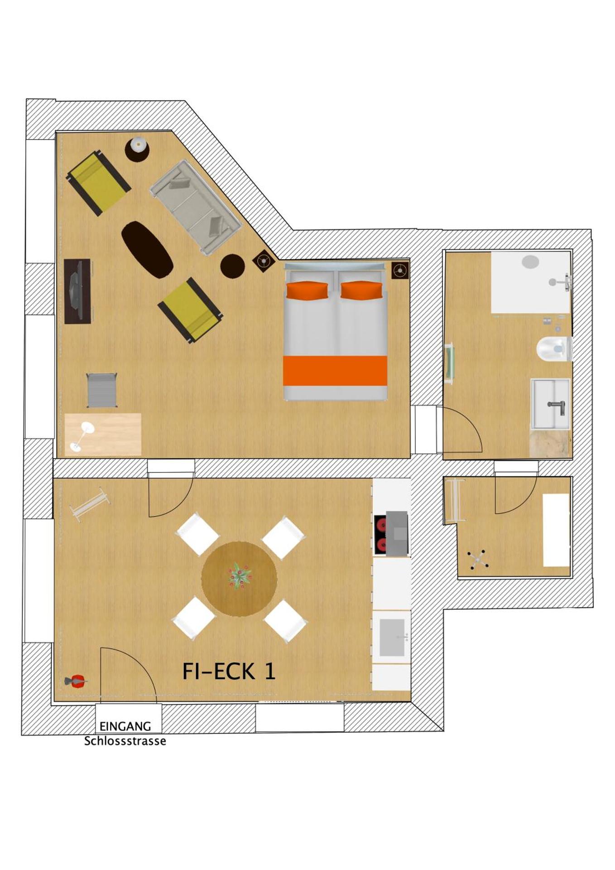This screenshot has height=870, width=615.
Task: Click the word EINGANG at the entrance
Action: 125,726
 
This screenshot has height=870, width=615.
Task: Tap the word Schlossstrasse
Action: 125,741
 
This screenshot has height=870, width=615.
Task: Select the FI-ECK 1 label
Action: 229,671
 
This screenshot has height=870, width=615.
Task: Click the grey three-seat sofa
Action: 195,207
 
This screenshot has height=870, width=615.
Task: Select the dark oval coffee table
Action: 147,249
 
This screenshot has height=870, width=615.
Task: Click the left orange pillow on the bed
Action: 307,290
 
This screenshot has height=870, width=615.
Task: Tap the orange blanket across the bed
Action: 335,370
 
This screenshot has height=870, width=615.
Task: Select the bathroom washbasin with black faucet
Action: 550,404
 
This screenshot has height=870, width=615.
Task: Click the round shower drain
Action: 530,261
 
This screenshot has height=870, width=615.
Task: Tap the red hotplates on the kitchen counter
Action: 380,535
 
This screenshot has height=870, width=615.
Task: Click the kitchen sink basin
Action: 392,638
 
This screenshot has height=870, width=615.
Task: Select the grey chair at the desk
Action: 102,390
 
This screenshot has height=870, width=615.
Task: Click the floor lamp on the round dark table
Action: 137,146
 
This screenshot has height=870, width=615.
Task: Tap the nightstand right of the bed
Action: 400,271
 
